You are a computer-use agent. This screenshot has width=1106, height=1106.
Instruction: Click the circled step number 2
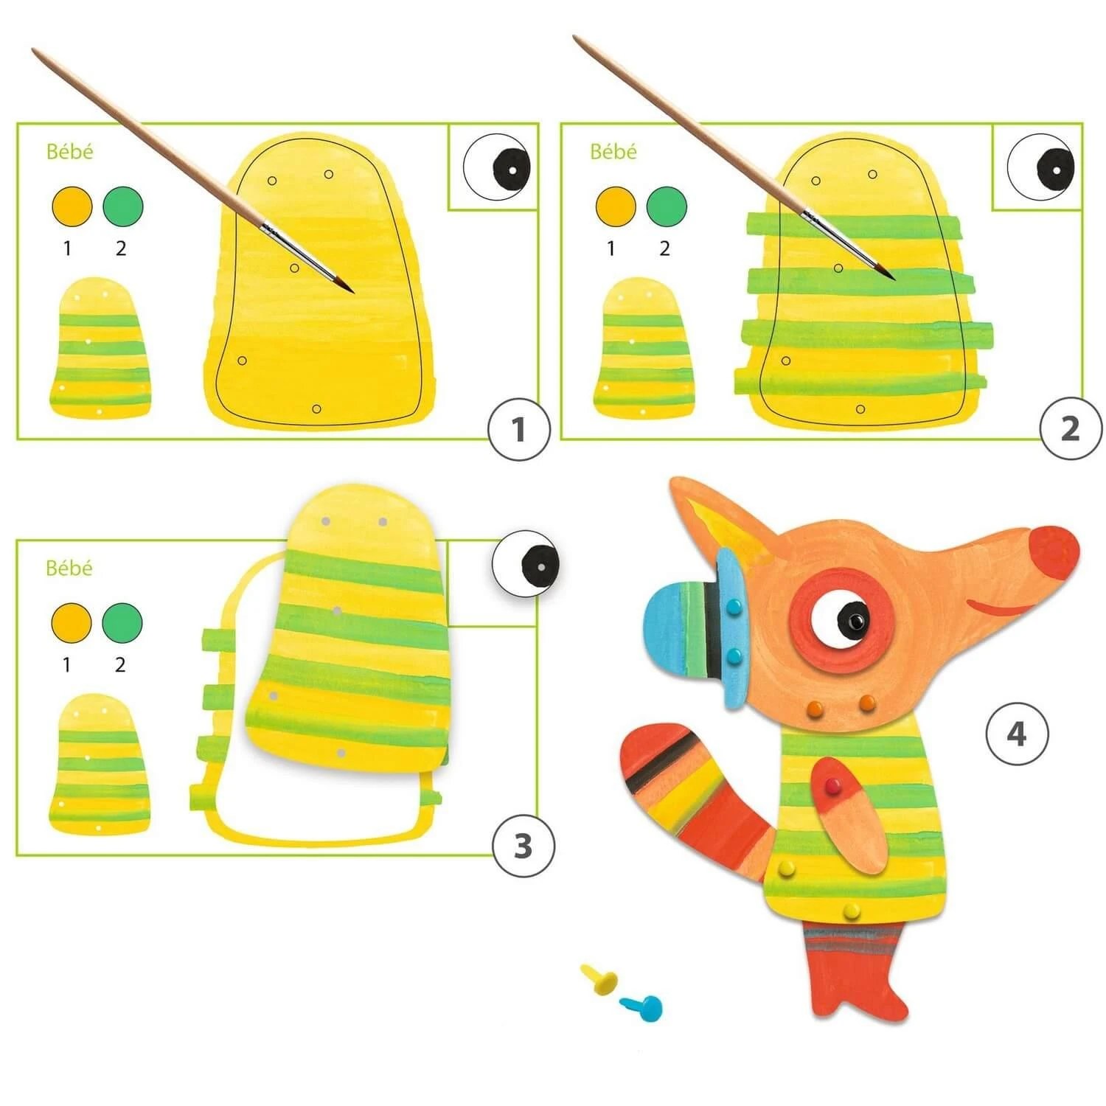tap(1070, 428)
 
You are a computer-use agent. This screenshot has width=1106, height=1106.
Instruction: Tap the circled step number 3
tap(523, 846)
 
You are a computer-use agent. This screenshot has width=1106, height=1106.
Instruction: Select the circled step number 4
tap(1017, 734)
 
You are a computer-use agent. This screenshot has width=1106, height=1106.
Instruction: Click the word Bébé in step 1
tap(70, 151)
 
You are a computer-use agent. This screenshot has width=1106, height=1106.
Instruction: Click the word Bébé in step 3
tap(69, 568)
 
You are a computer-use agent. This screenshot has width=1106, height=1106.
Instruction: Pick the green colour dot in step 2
tap(667, 206)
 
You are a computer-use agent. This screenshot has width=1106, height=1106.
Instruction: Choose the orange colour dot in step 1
tap(72, 206)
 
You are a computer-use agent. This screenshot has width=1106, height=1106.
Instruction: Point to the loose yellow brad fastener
tap(599, 978)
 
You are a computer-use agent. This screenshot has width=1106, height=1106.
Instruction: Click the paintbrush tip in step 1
tap(354, 292)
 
